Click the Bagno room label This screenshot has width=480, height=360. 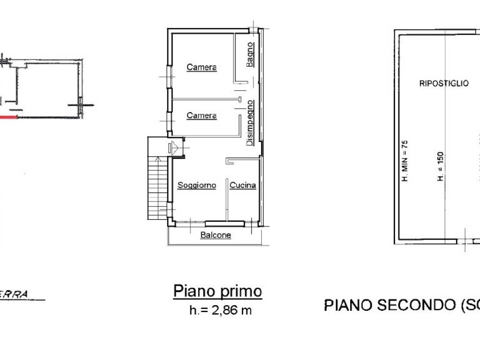tap(251, 54)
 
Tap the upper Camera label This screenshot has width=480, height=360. tap(202, 67)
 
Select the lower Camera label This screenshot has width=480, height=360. tap(202, 116)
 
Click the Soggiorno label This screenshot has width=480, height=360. tap(196, 186)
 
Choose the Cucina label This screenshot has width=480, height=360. tap(243, 186)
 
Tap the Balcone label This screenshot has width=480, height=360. tap(216, 235)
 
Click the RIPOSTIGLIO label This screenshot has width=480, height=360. tap(443, 83)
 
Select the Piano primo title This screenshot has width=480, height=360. tap(217, 291)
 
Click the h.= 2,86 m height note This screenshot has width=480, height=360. tap(220, 310)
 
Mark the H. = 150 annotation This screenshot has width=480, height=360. tap(441, 167)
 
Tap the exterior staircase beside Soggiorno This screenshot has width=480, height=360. tap(157, 187)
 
